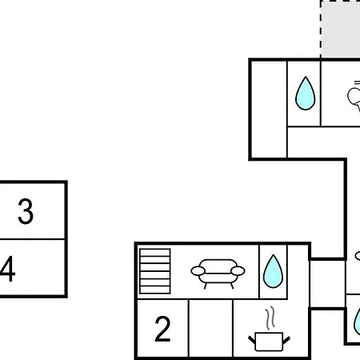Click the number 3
tap(26, 211)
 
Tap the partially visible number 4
tap(7, 269)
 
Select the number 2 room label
tap(162, 329)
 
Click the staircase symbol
tap(155, 271)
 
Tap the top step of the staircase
tap(155, 253)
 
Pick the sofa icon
tap(218, 274)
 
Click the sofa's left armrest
tap(198, 271)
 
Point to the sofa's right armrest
tap(238, 271)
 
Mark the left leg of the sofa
tap(206, 286)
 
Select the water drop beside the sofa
tap(273, 271)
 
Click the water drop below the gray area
tap(306, 94)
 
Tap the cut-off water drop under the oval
tap(357, 322)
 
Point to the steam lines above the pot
tap(270, 318)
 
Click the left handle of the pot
tap(252, 340)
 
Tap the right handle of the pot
tap(286, 340)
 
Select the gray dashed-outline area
tap(340, 29)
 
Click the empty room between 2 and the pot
tap(210, 328)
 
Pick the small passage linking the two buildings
tap(327, 284)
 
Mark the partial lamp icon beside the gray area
tap(354, 96)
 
